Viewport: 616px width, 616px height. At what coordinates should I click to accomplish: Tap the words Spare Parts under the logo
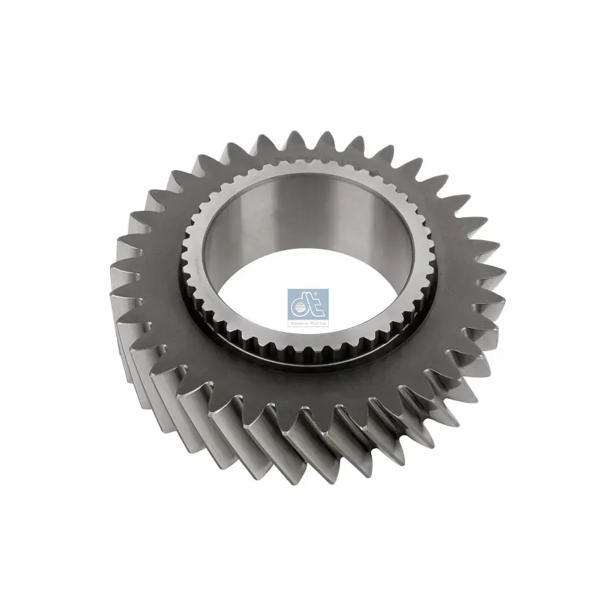[307, 325]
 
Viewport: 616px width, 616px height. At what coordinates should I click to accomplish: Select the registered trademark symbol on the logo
[325, 293]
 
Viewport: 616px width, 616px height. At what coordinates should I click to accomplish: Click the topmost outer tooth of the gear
[295, 139]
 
